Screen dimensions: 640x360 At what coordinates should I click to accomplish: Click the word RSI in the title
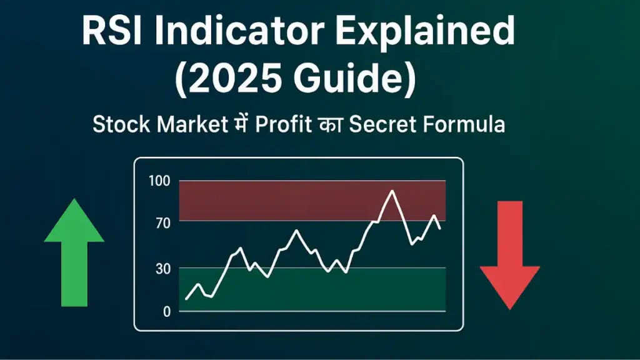112,31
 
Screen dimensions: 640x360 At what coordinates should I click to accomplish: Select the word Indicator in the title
239,31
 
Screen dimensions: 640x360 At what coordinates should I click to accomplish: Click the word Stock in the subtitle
121,124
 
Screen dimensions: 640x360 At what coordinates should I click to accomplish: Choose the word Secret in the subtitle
382,124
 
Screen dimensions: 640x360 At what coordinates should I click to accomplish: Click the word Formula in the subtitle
464,124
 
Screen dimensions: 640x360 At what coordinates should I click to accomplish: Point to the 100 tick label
159,181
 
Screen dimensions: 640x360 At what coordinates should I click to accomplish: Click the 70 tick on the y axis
163,223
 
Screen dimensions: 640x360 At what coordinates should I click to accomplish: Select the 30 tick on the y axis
163,269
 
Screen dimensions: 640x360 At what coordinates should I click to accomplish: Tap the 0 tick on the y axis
166,312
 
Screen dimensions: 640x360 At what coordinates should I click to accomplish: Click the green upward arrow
74,252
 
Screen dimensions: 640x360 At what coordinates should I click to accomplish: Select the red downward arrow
510,255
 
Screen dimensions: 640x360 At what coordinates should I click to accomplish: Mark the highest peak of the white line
392,191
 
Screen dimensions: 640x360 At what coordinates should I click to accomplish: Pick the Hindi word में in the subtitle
241,123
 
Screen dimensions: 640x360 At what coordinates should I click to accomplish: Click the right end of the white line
439,229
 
